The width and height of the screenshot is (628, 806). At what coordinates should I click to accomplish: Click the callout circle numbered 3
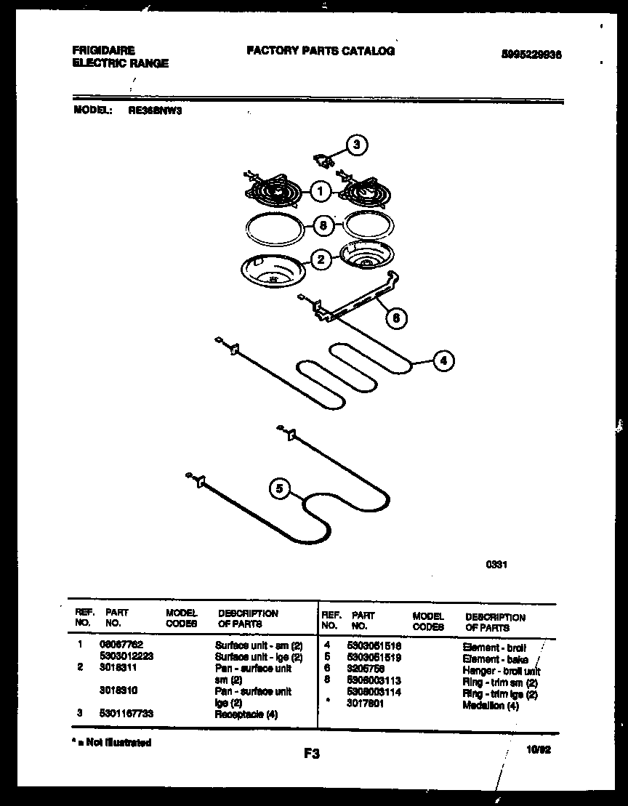[355, 145]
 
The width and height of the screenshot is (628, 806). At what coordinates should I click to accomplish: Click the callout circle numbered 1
[319, 192]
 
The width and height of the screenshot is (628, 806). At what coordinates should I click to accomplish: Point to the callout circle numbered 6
[395, 317]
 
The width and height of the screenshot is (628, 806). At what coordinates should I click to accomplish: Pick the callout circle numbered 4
[444, 360]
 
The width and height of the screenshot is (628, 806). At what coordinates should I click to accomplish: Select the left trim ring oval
[273, 228]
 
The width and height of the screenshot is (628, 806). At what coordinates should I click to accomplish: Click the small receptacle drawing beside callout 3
[321, 158]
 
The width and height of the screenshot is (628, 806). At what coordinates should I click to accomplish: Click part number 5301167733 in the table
[126, 714]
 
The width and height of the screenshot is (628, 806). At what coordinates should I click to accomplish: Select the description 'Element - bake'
[495, 659]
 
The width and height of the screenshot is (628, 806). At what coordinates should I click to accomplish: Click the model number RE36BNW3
[155, 111]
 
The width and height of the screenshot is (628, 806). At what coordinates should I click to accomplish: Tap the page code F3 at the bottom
[313, 754]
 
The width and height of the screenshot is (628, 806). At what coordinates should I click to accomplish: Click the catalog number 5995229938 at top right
[532, 55]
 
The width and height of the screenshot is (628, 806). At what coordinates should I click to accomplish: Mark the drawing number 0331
[496, 562]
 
